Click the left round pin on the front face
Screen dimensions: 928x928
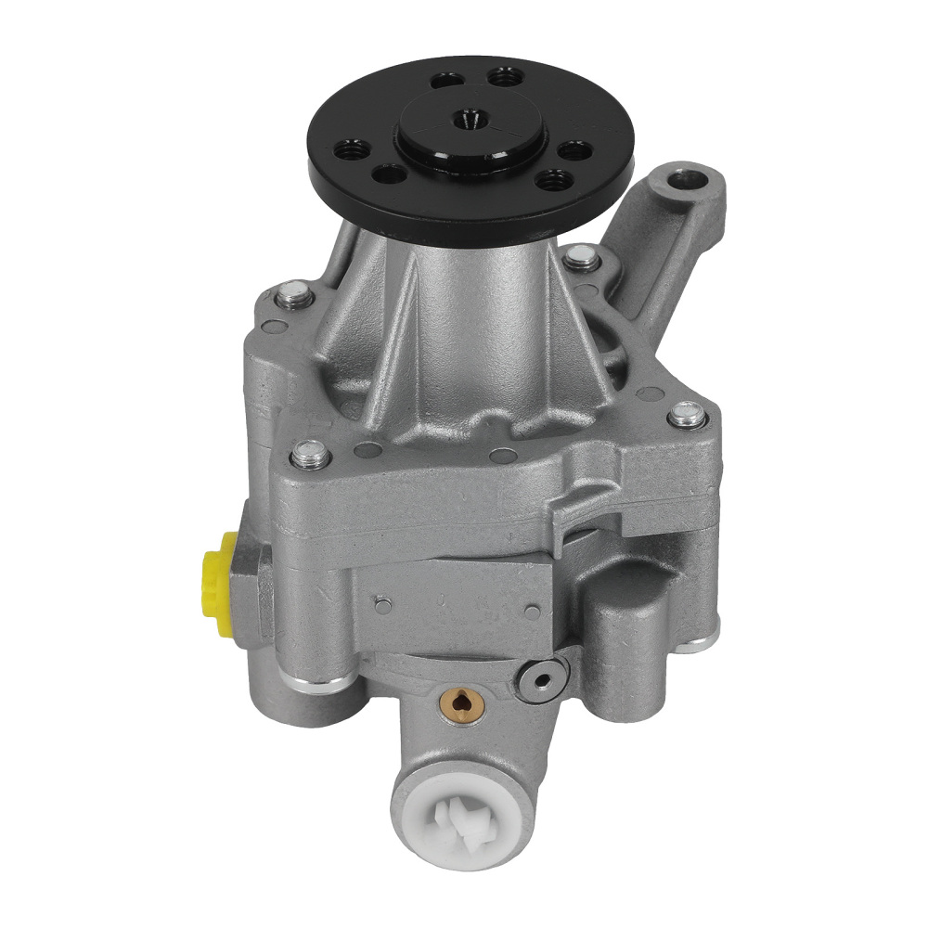[x=381, y=604]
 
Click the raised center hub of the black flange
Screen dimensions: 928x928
[x=470, y=130]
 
